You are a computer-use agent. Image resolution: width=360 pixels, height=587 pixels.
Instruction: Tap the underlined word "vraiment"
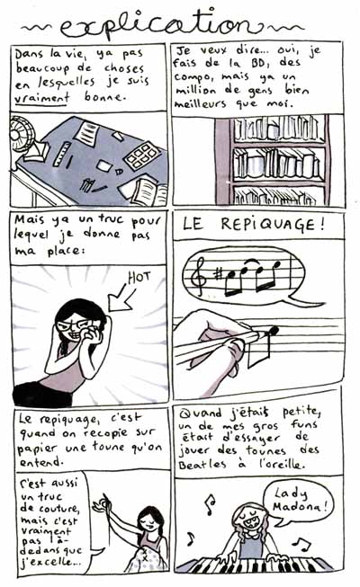[x=42, y=96]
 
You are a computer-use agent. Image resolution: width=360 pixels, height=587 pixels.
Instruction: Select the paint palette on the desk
[x=142, y=156]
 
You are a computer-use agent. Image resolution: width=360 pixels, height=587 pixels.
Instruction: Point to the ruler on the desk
[x=62, y=154]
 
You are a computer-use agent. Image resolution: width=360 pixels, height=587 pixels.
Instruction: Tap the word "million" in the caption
[x=196, y=90]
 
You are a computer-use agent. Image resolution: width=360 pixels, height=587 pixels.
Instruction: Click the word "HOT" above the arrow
[x=139, y=278]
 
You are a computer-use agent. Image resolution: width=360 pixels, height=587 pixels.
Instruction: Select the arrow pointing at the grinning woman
[x=121, y=298]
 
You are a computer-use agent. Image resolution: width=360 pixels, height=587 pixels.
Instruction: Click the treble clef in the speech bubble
[x=199, y=276]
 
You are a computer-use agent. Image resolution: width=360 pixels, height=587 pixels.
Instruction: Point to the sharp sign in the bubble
[x=218, y=274]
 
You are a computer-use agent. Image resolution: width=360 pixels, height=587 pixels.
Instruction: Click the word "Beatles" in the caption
[x=202, y=465]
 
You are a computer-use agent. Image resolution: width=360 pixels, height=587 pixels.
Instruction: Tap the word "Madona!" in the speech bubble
[x=301, y=507]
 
